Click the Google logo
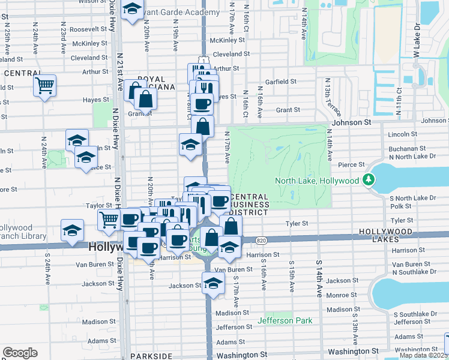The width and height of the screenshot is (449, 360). coord(20,353)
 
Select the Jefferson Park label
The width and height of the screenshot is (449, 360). coord(285,320)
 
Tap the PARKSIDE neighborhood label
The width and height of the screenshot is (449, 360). coord(155,356)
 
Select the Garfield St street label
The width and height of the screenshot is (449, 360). coord(281,81)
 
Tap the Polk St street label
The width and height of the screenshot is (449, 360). coord(400,206)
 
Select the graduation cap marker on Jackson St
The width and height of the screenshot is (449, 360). coord(212,283)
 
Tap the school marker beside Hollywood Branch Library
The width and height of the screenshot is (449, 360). coord(72,230)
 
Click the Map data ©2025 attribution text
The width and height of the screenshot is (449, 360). coord(423,355)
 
